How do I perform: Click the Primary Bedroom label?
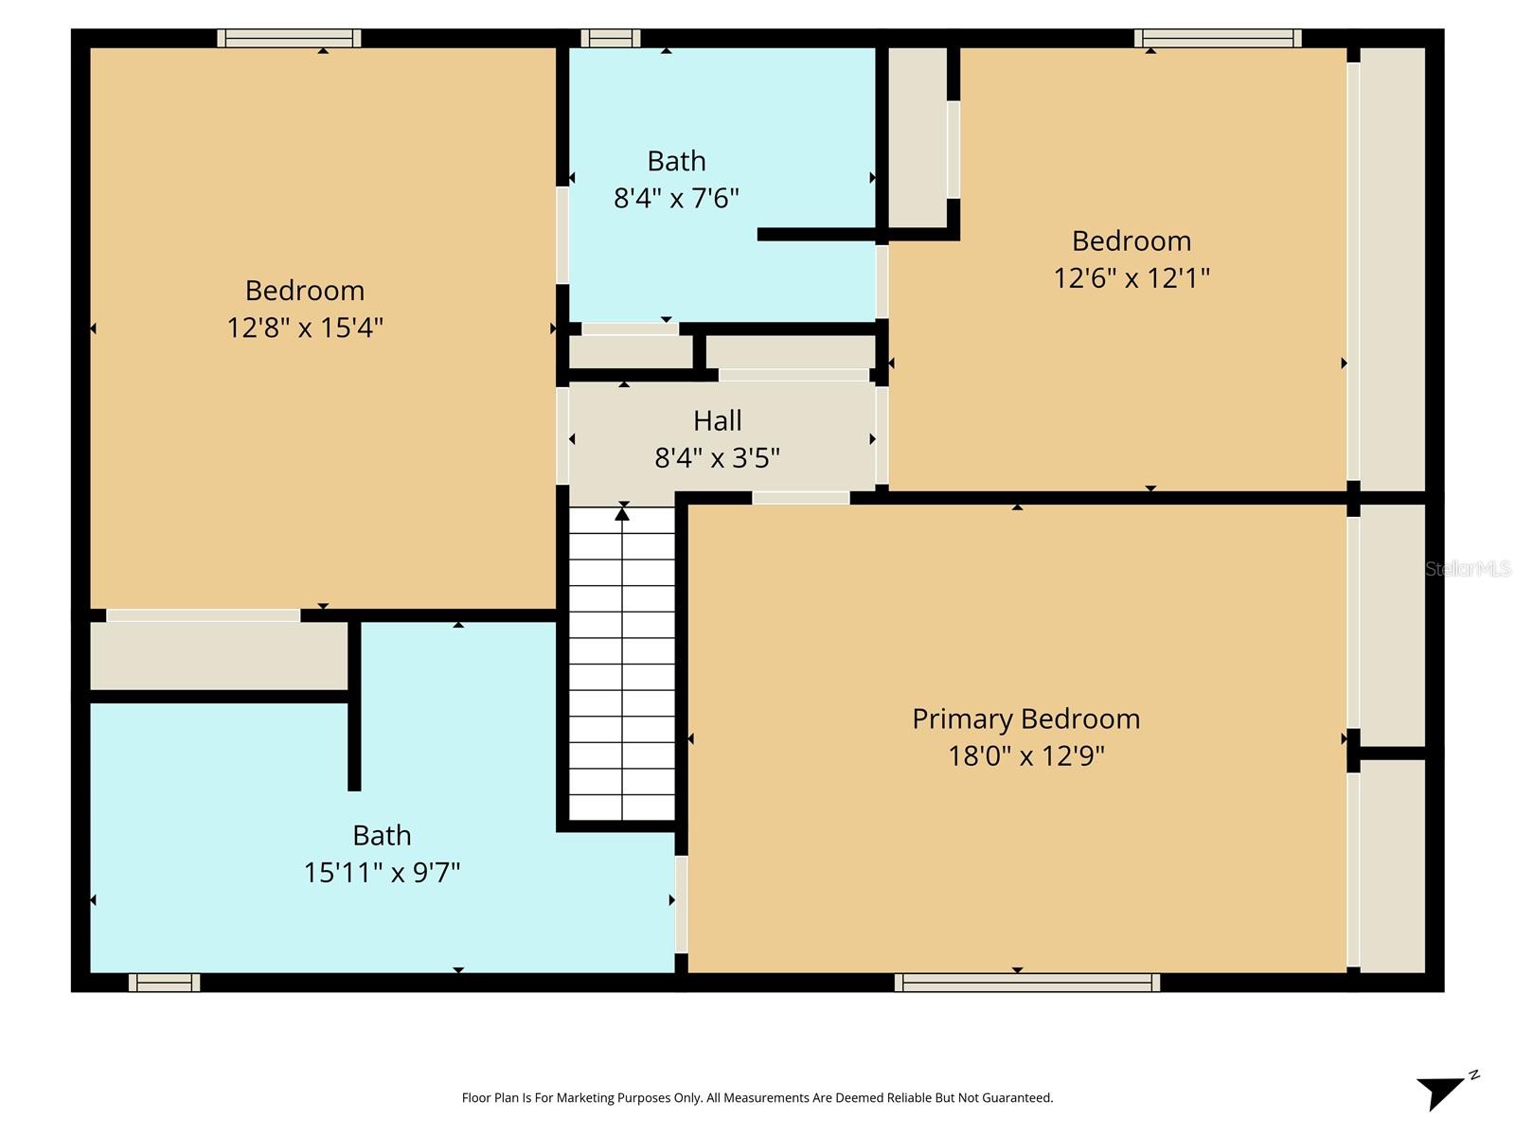click(x=1025, y=719)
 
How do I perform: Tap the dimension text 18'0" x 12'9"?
click(x=1026, y=755)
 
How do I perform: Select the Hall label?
click(x=717, y=420)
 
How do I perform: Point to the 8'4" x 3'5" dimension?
click(x=717, y=458)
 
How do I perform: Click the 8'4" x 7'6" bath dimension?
click(x=676, y=198)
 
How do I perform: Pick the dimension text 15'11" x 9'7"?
click(x=382, y=872)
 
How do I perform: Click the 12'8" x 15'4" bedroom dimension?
click(x=305, y=328)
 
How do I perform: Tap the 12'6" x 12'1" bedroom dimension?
click(x=1132, y=278)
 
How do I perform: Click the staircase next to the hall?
click(x=622, y=663)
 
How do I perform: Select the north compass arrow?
click(x=1442, y=1091)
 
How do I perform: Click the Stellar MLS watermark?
click(x=1468, y=569)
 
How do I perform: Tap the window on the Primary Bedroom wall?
click(x=1026, y=983)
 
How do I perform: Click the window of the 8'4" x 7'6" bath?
click(x=610, y=38)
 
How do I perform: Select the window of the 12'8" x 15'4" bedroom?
click(x=289, y=38)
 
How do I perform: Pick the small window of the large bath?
click(x=164, y=983)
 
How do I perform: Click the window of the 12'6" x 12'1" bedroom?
click(x=1218, y=38)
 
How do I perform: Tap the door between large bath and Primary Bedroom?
click(x=681, y=903)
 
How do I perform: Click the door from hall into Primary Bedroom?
click(x=801, y=498)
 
